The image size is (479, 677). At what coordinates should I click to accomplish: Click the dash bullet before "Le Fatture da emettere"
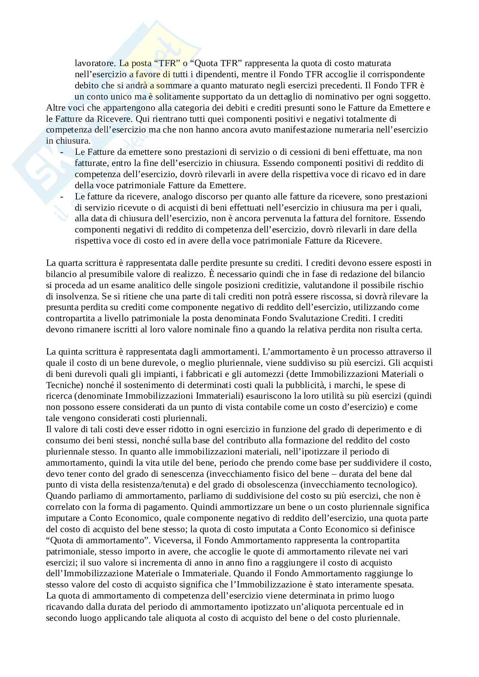(64, 152)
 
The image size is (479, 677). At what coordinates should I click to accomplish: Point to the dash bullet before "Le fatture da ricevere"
(64, 197)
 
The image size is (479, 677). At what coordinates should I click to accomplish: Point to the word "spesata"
(399, 584)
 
